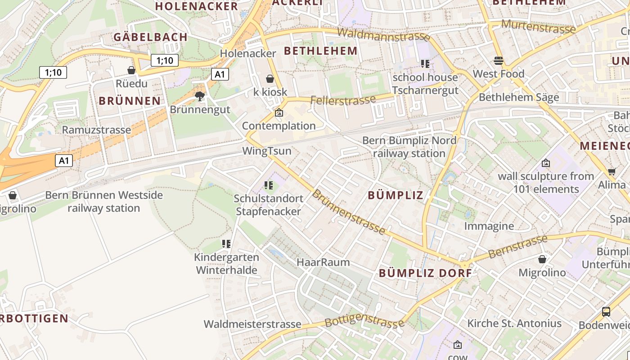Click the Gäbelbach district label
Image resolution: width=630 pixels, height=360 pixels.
point(150,37)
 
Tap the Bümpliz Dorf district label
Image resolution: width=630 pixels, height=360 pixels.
point(425,273)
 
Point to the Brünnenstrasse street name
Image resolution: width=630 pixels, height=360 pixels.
point(349,212)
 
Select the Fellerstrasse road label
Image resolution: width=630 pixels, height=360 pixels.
point(343,100)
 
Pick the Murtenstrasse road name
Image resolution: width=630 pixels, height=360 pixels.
point(538,26)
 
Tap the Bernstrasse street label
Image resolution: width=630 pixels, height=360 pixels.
point(518,246)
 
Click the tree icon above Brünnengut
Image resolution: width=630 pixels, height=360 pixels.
point(200,96)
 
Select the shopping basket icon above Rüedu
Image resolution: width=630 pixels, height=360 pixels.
point(131,70)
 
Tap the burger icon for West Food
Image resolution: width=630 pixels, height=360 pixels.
point(498,60)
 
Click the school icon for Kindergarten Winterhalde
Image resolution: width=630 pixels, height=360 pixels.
point(226,244)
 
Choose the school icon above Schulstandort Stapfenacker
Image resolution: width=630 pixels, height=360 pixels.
point(269,185)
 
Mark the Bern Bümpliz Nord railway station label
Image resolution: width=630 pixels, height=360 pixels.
point(409,147)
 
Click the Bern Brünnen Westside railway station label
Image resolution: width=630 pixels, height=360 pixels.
point(104,202)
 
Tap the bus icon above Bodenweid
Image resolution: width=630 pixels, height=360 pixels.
point(606,311)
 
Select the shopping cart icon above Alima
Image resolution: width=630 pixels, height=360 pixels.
point(612,171)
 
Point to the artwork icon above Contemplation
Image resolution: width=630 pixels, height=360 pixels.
point(279,112)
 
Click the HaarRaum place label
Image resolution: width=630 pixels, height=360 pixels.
point(323,262)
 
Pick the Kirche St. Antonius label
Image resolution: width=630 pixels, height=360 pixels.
point(514,323)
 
